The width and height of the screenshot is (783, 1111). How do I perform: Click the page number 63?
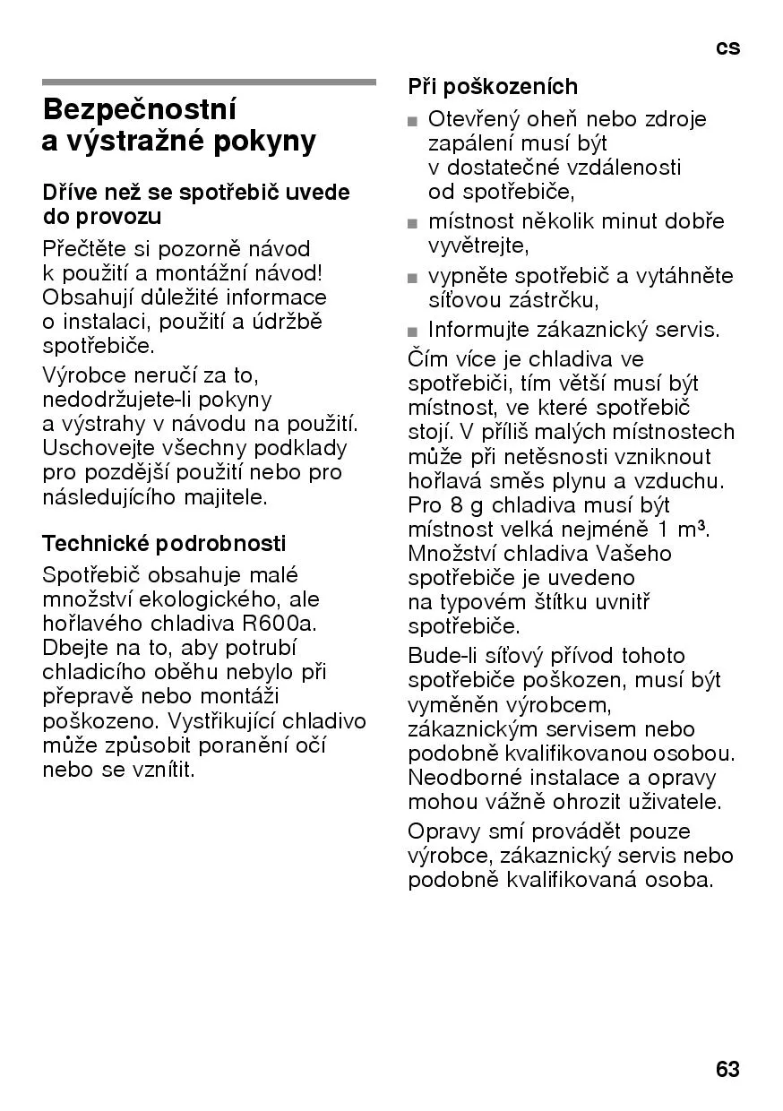tap(727, 1069)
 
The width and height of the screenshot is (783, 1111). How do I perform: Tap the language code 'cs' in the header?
tap(728, 47)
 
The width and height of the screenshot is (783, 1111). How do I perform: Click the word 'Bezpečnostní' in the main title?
tap(140, 110)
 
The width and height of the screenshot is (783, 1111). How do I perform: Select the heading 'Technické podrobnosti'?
tap(164, 543)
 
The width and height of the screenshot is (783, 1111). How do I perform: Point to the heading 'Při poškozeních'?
tap(493, 87)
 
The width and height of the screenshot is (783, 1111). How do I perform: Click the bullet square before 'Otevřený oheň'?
tap(412, 121)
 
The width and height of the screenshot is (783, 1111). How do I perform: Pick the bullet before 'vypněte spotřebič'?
tap(412, 278)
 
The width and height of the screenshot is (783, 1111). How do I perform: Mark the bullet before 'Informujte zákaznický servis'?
tap(412, 332)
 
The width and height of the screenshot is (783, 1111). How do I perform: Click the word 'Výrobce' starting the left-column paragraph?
tap(81, 375)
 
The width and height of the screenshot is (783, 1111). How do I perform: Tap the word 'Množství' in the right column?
tap(450, 554)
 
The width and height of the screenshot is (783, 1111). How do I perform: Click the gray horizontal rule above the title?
tap(209, 82)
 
